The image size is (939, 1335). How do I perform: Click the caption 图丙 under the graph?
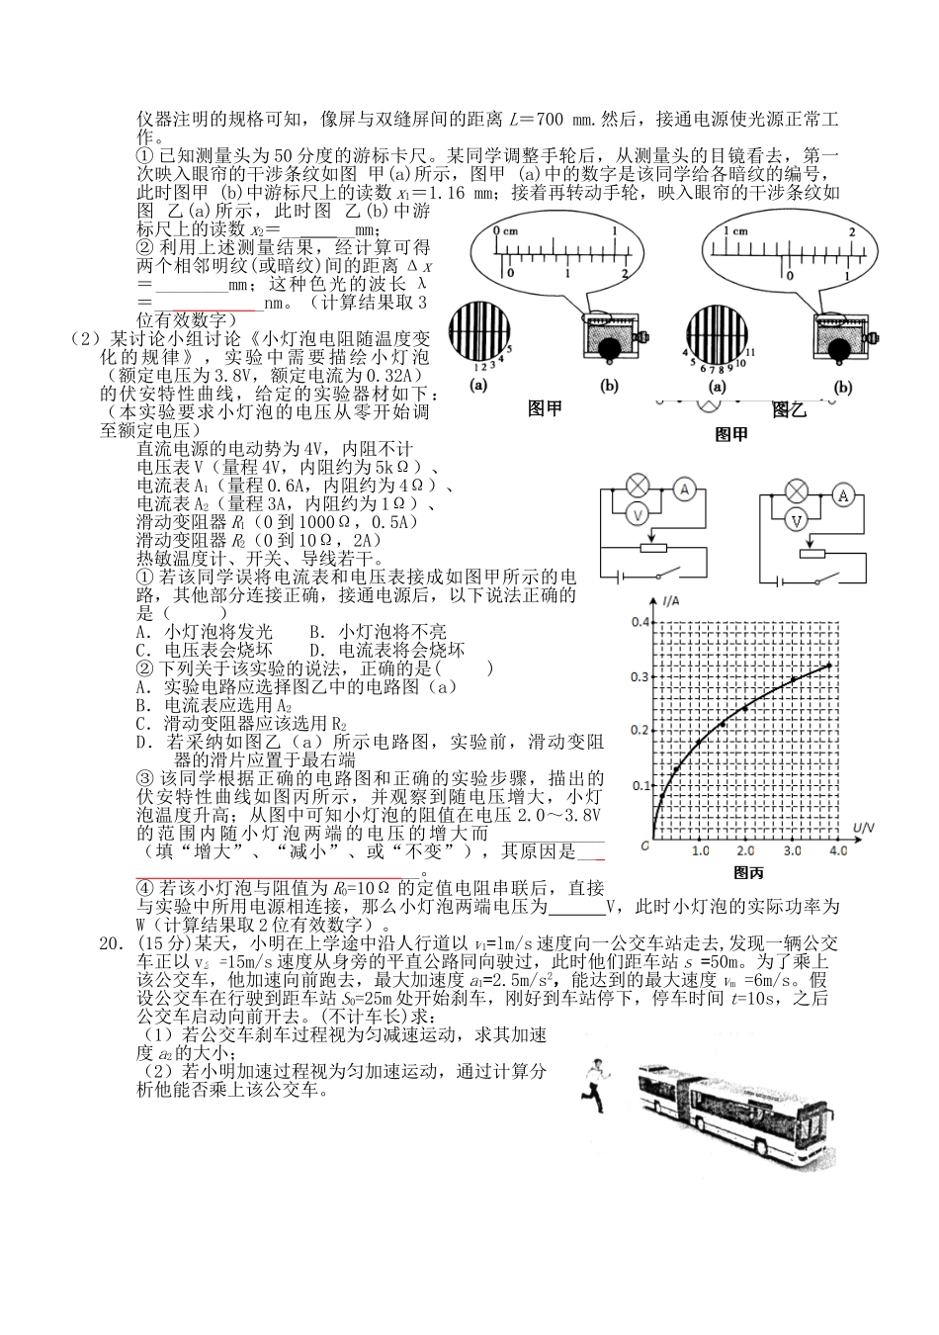click(x=748, y=873)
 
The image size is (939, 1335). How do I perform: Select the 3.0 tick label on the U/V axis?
click(x=792, y=851)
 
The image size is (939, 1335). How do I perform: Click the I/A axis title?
click(x=675, y=601)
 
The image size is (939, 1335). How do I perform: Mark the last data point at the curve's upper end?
click(x=828, y=666)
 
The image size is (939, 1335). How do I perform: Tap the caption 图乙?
click(x=789, y=409)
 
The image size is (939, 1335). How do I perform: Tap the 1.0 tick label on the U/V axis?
click(x=700, y=851)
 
